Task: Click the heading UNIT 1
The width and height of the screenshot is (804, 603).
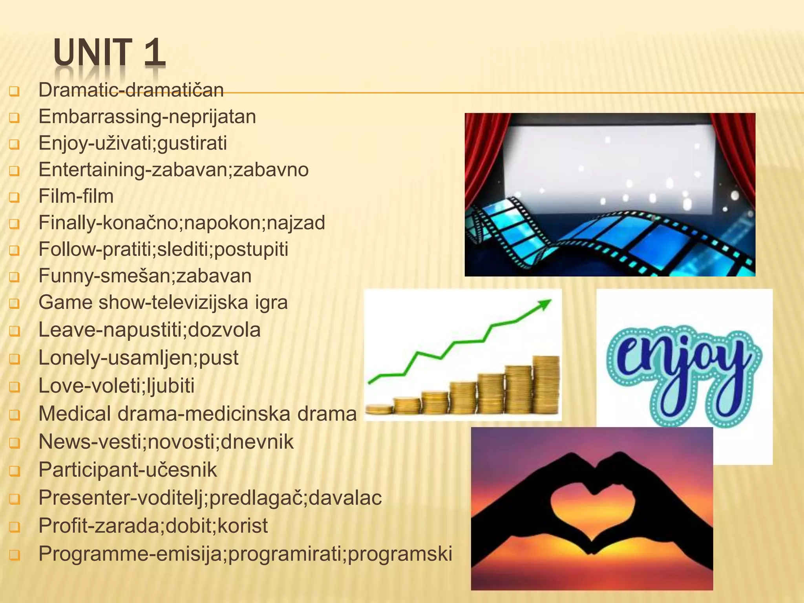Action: click(x=110, y=52)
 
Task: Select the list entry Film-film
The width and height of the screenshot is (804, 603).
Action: click(x=76, y=196)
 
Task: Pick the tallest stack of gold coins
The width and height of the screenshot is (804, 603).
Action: click(x=546, y=385)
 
